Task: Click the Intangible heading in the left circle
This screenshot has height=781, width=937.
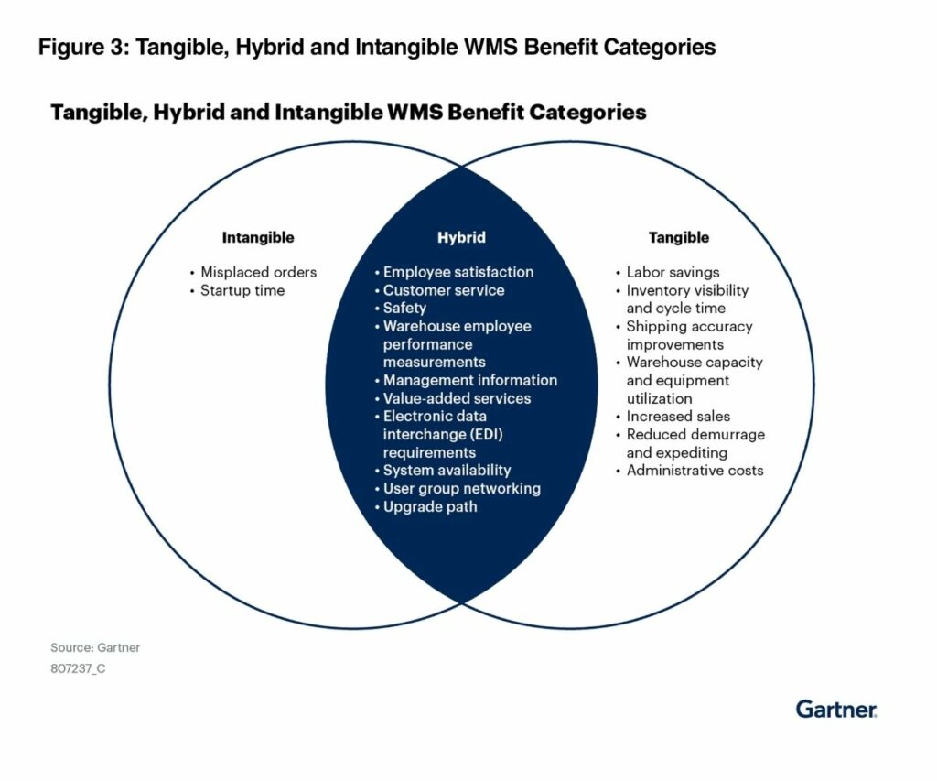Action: point(258,238)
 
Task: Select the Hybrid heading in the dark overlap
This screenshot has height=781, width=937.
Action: point(461,238)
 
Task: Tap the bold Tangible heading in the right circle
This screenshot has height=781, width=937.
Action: point(678,238)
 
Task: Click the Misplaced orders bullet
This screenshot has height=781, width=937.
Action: point(258,272)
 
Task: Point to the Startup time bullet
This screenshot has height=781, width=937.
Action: point(242,290)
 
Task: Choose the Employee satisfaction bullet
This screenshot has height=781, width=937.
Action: point(458,272)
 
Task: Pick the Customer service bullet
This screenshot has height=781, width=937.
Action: point(444,290)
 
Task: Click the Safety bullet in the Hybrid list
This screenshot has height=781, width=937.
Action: point(404,309)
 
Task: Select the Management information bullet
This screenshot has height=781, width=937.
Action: point(469,380)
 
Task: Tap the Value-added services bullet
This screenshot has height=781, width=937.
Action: point(457,398)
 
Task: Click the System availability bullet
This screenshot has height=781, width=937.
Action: point(447,471)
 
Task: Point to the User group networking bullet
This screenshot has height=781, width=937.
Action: point(461,489)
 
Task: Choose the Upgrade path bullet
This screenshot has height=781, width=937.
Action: point(430,506)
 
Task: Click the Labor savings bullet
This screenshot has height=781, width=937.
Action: point(673,272)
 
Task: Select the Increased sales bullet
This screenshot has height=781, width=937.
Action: point(678,417)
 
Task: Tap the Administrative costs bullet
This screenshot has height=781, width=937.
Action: point(695,471)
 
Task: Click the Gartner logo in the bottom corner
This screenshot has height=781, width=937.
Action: point(835,709)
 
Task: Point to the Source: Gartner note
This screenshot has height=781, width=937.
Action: point(95,648)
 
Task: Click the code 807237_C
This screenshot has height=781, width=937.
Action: point(78,668)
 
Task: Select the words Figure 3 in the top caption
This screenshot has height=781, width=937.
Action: point(81,48)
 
